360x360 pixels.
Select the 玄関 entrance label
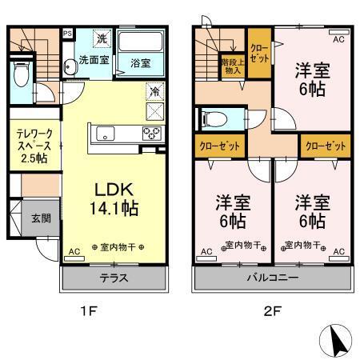pos(42,218)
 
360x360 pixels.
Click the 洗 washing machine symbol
pos(103,38)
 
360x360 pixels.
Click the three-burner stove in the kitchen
pos(151,133)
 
